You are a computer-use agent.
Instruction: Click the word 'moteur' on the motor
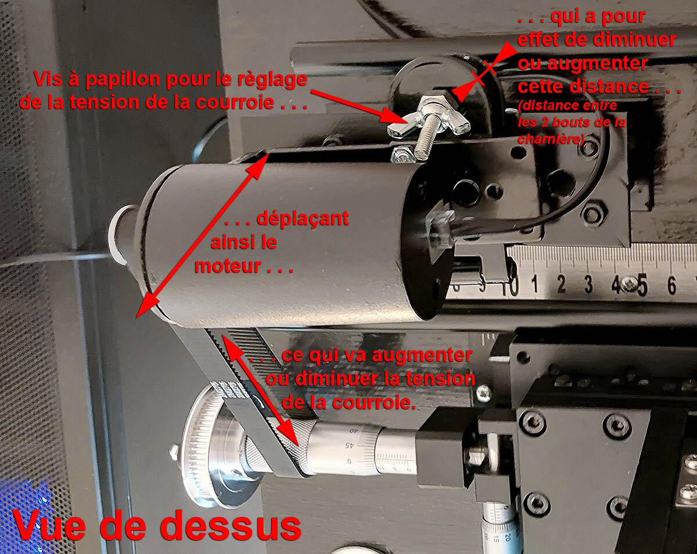(228, 266)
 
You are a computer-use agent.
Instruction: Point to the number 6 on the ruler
(672, 285)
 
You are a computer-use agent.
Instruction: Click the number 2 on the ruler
(562, 284)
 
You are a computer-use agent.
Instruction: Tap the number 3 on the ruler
(588, 285)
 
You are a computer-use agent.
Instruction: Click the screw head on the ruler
(629, 285)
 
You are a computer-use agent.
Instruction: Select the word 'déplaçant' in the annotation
(303, 219)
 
